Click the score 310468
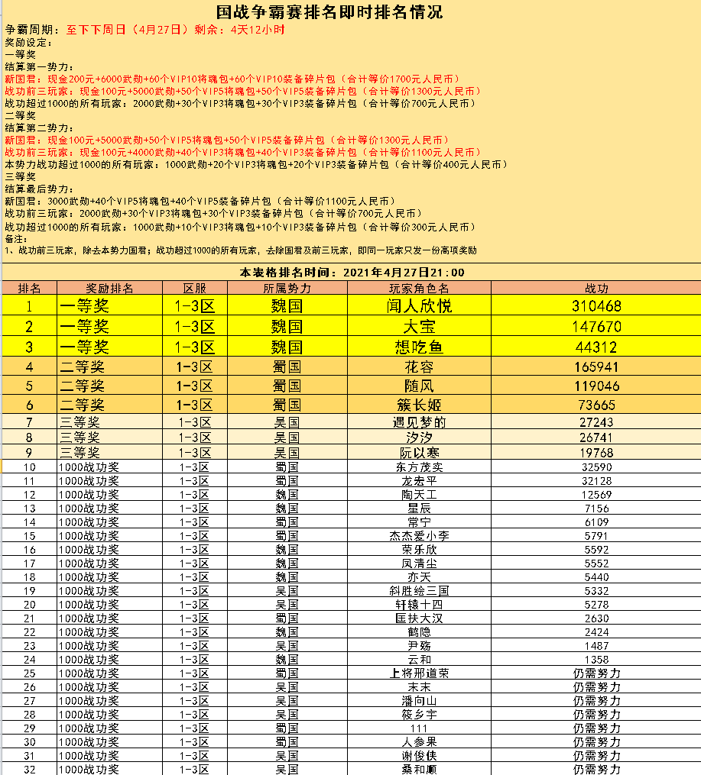596,306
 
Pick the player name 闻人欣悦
419,306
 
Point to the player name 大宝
419,327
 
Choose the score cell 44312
596,347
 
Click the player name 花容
419,367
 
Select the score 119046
596,386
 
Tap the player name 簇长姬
419,405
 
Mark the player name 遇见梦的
419,422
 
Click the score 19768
596,452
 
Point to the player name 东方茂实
419,467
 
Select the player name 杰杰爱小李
419,536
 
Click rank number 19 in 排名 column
30,590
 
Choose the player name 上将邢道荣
419,673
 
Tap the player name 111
419,728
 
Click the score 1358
596,659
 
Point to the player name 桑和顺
419,769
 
